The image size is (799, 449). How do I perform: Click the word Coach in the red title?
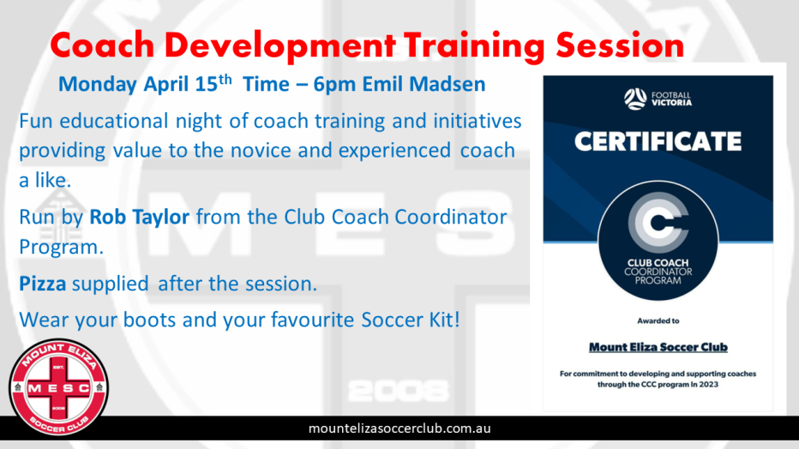click(x=102, y=45)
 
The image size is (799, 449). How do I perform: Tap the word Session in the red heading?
click(x=620, y=45)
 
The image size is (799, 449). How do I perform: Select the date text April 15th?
click(x=188, y=83)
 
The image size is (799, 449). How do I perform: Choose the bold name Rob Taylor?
click(x=140, y=217)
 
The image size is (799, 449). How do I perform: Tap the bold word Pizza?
click(x=42, y=284)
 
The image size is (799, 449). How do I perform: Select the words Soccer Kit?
click(x=411, y=320)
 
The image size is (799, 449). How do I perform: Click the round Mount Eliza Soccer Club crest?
click(x=58, y=387)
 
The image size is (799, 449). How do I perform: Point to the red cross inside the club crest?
click(x=58, y=387)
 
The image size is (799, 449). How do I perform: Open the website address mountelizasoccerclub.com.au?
click(x=399, y=428)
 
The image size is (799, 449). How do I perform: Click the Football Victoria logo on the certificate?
click(x=658, y=99)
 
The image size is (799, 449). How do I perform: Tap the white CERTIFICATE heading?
click(x=658, y=141)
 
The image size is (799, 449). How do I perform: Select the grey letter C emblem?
click(x=658, y=223)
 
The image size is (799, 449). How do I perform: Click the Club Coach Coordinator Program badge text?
click(x=658, y=272)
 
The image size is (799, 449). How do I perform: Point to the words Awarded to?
click(x=658, y=320)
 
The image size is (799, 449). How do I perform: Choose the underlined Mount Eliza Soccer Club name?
click(x=658, y=347)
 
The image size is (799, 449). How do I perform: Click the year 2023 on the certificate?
click(x=708, y=385)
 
